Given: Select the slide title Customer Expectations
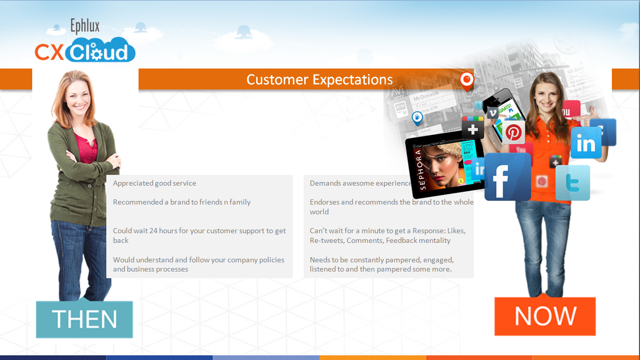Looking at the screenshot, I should (x=319, y=80).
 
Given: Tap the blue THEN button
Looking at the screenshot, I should (x=84, y=320).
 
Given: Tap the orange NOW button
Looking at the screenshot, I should (x=545, y=316).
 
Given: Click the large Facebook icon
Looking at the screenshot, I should (x=507, y=177).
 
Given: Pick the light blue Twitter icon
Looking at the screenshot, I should (x=573, y=183).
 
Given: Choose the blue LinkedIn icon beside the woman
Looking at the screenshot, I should (x=586, y=143).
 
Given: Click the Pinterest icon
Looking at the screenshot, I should (x=513, y=132).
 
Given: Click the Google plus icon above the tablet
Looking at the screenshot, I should (x=473, y=127).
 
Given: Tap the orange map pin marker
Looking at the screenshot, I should (x=466, y=80).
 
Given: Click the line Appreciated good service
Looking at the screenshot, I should (x=154, y=183).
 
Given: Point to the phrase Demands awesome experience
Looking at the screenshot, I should (x=360, y=183).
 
